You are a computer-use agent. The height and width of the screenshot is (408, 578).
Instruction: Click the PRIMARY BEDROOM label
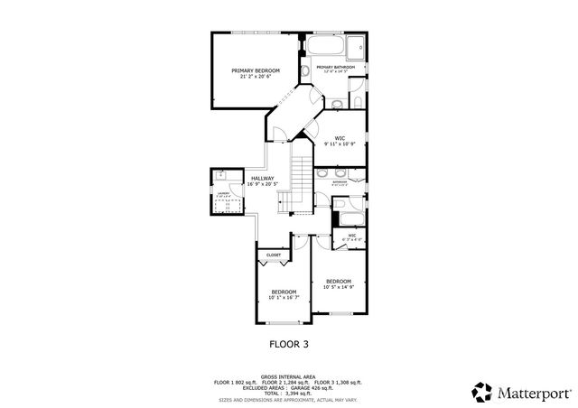click(x=255, y=70)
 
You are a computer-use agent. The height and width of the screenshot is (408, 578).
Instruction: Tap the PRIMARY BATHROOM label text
click(x=335, y=67)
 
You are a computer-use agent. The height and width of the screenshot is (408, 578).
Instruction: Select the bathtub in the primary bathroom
click(x=322, y=45)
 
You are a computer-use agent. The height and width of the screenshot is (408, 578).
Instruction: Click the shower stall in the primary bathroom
click(x=357, y=45)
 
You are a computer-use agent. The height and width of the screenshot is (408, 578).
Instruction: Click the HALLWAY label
click(x=263, y=178)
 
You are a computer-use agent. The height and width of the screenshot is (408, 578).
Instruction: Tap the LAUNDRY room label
click(x=222, y=192)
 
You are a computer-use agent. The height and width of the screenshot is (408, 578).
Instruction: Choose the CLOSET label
click(x=273, y=255)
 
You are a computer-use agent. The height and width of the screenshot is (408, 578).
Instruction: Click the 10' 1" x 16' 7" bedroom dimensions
click(x=284, y=298)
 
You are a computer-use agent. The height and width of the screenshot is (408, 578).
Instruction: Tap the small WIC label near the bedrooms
click(x=351, y=236)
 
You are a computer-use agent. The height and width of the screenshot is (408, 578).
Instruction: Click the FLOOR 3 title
click(x=289, y=343)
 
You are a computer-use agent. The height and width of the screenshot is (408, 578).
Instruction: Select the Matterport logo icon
click(x=481, y=392)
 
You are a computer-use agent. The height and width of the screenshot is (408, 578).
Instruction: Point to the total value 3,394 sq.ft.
click(x=299, y=394)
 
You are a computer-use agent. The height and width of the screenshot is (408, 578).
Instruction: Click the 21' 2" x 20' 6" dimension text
click(x=255, y=77)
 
